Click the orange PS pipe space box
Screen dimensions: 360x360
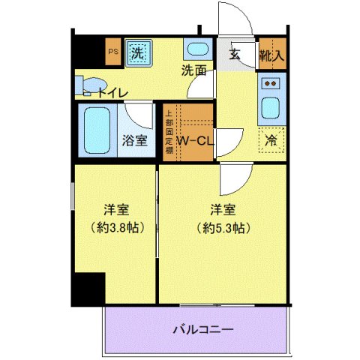tap(113, 52)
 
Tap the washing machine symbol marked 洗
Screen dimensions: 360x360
tap(137, 52)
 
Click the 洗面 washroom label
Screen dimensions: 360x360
tap(193, 71)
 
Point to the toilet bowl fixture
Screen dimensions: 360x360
tap(89, 83)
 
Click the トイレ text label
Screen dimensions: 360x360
tap(112, 92)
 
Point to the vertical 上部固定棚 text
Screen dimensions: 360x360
tap(169, 130)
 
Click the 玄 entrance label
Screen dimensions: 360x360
tap(235, 55)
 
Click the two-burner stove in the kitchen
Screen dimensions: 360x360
tap(271, 83)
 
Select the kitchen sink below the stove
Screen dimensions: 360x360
tap(271, 107)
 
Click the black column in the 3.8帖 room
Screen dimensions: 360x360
tap(87, 289)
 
